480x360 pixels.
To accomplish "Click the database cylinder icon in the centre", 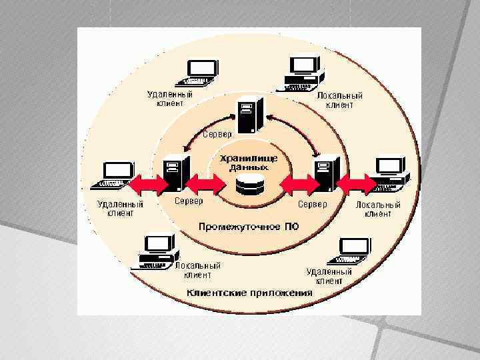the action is (x=249, y=187).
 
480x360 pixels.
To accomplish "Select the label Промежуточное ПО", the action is (x=249, y=227).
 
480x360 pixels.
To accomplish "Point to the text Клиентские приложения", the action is (x=249, y=293).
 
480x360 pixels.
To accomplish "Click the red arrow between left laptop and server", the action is (x=147, y=181).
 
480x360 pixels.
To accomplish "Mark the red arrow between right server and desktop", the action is (x=357, y=181).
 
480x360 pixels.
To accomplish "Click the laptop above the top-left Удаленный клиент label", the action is (x=199, y=72).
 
